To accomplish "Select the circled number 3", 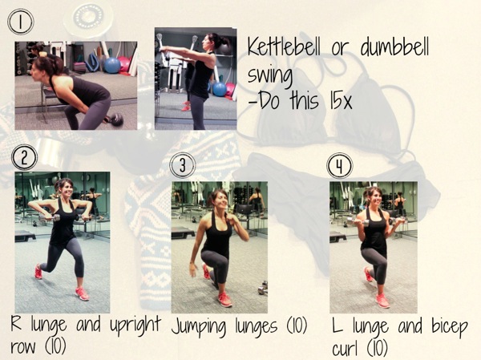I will point(183,165).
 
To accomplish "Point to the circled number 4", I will point(340,165).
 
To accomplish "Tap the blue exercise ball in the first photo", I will point(111,64).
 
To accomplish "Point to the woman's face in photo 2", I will point(64,191).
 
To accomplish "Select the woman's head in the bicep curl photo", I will point(372,197).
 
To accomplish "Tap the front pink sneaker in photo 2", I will point(82,293).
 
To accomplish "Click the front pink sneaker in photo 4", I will point(383,301).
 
